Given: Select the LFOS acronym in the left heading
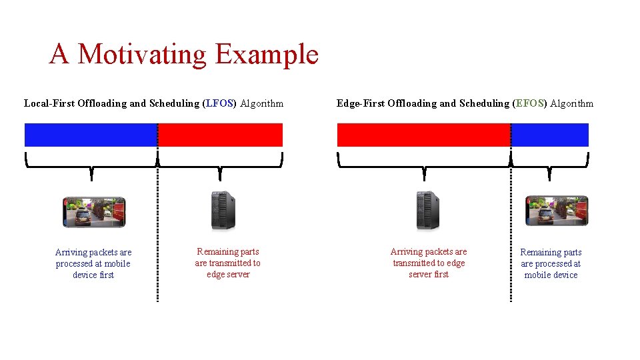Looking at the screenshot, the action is click(219, 103).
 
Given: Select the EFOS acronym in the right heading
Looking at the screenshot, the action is click(530, 103).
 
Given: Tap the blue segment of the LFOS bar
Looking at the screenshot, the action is click(91, 135).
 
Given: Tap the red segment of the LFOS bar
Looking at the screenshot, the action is click(220, 135).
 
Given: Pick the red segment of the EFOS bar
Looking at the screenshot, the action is click(423, 135).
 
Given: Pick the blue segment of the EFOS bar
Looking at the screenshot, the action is click(550, 135).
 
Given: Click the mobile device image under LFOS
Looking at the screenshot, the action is click(93, 212).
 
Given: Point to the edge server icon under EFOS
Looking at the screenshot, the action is click(427, 211).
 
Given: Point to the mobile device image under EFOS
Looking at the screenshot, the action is click(557, 211).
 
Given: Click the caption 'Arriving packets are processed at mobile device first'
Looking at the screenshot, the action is click(93, 263).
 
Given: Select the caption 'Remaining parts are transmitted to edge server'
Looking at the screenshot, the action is click(228, 263).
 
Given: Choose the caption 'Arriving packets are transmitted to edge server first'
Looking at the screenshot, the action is click(429, 263).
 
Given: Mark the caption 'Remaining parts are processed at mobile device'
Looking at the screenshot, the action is click(551, 263).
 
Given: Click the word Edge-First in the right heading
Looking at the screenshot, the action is click(360, 103).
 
